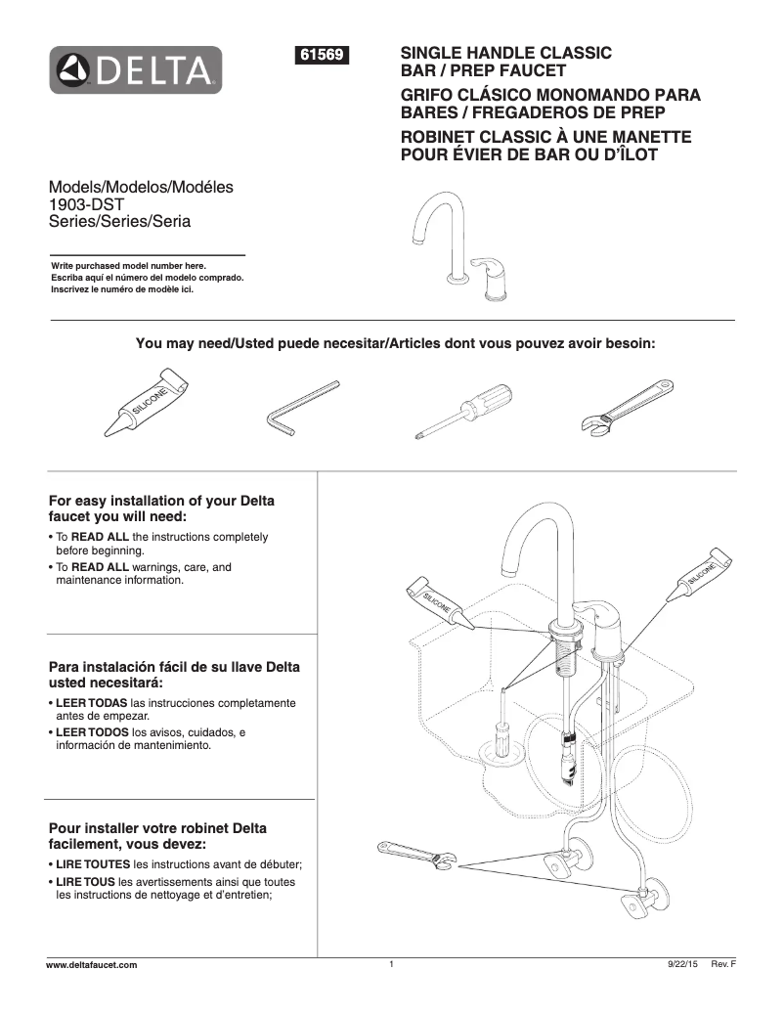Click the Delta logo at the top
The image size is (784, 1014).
pyautogui.click(x=137, y=69)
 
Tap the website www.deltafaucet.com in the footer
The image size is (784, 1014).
pyautogui.click(x=93, y=965)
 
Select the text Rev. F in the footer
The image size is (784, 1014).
pyautogui.click(x=723, y=965)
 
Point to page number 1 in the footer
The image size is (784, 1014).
pyautogui.click(x=390, y=965)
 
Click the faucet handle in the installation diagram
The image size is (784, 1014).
pyautogui.click(x=598, y=618)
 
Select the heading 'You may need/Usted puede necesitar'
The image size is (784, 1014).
pyautogui.click(x=395, y=343)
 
